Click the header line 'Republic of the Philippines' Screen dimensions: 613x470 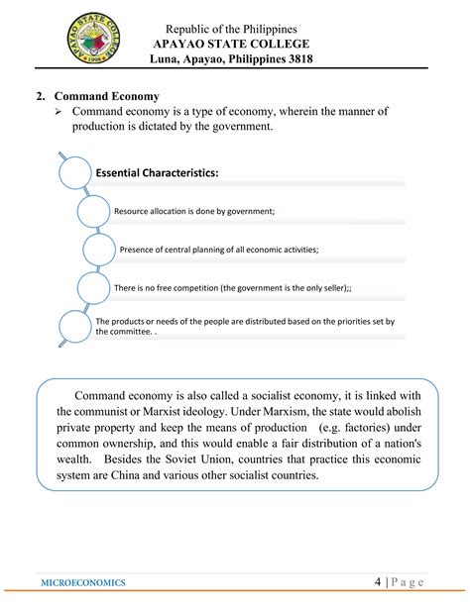(242, 28)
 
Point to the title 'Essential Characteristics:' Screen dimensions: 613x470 (157, 173)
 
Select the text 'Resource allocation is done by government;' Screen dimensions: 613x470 (194, 211)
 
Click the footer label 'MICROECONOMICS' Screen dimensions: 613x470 (84, 583)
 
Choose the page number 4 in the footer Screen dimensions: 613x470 (379, 582)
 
